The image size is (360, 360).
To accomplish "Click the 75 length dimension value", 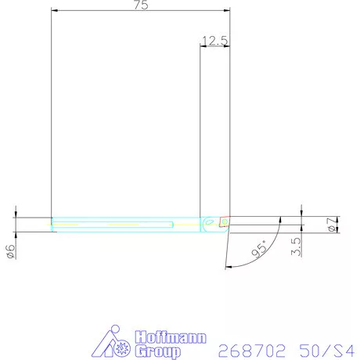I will coord(141,5).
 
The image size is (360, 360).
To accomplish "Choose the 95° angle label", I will coord(262,250).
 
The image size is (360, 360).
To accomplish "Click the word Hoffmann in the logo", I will coord(171,338).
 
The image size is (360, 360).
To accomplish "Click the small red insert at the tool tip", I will coord(225,221).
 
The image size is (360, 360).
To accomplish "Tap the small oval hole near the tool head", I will coord(208,223).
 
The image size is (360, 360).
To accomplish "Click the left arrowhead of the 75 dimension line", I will coord(55,10).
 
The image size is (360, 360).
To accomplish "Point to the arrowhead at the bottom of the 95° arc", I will coord(228,268).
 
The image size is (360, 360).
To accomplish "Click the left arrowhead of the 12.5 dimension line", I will coord(204,46).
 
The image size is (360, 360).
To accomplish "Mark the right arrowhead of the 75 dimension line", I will coord(226,10).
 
